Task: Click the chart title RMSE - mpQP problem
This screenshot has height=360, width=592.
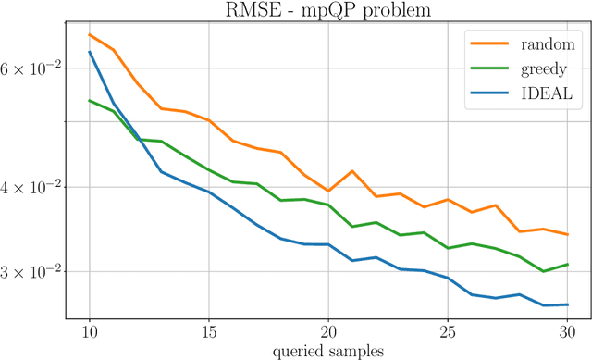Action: tap(327, 11)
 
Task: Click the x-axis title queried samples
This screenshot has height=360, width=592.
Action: tap(327, 351)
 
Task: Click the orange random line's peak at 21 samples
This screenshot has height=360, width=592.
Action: tap(352, 171)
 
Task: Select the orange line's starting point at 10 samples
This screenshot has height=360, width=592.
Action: tap(90, 34)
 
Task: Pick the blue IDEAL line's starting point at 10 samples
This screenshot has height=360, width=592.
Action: tap(90, 52)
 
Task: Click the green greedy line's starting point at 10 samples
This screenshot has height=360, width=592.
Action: tap(90, 100)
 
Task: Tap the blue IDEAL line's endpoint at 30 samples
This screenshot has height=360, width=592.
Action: tap(566, 304)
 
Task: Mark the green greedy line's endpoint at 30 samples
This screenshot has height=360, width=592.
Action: tap(566, 264)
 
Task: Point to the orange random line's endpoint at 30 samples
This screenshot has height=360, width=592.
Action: tap(566, 235)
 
